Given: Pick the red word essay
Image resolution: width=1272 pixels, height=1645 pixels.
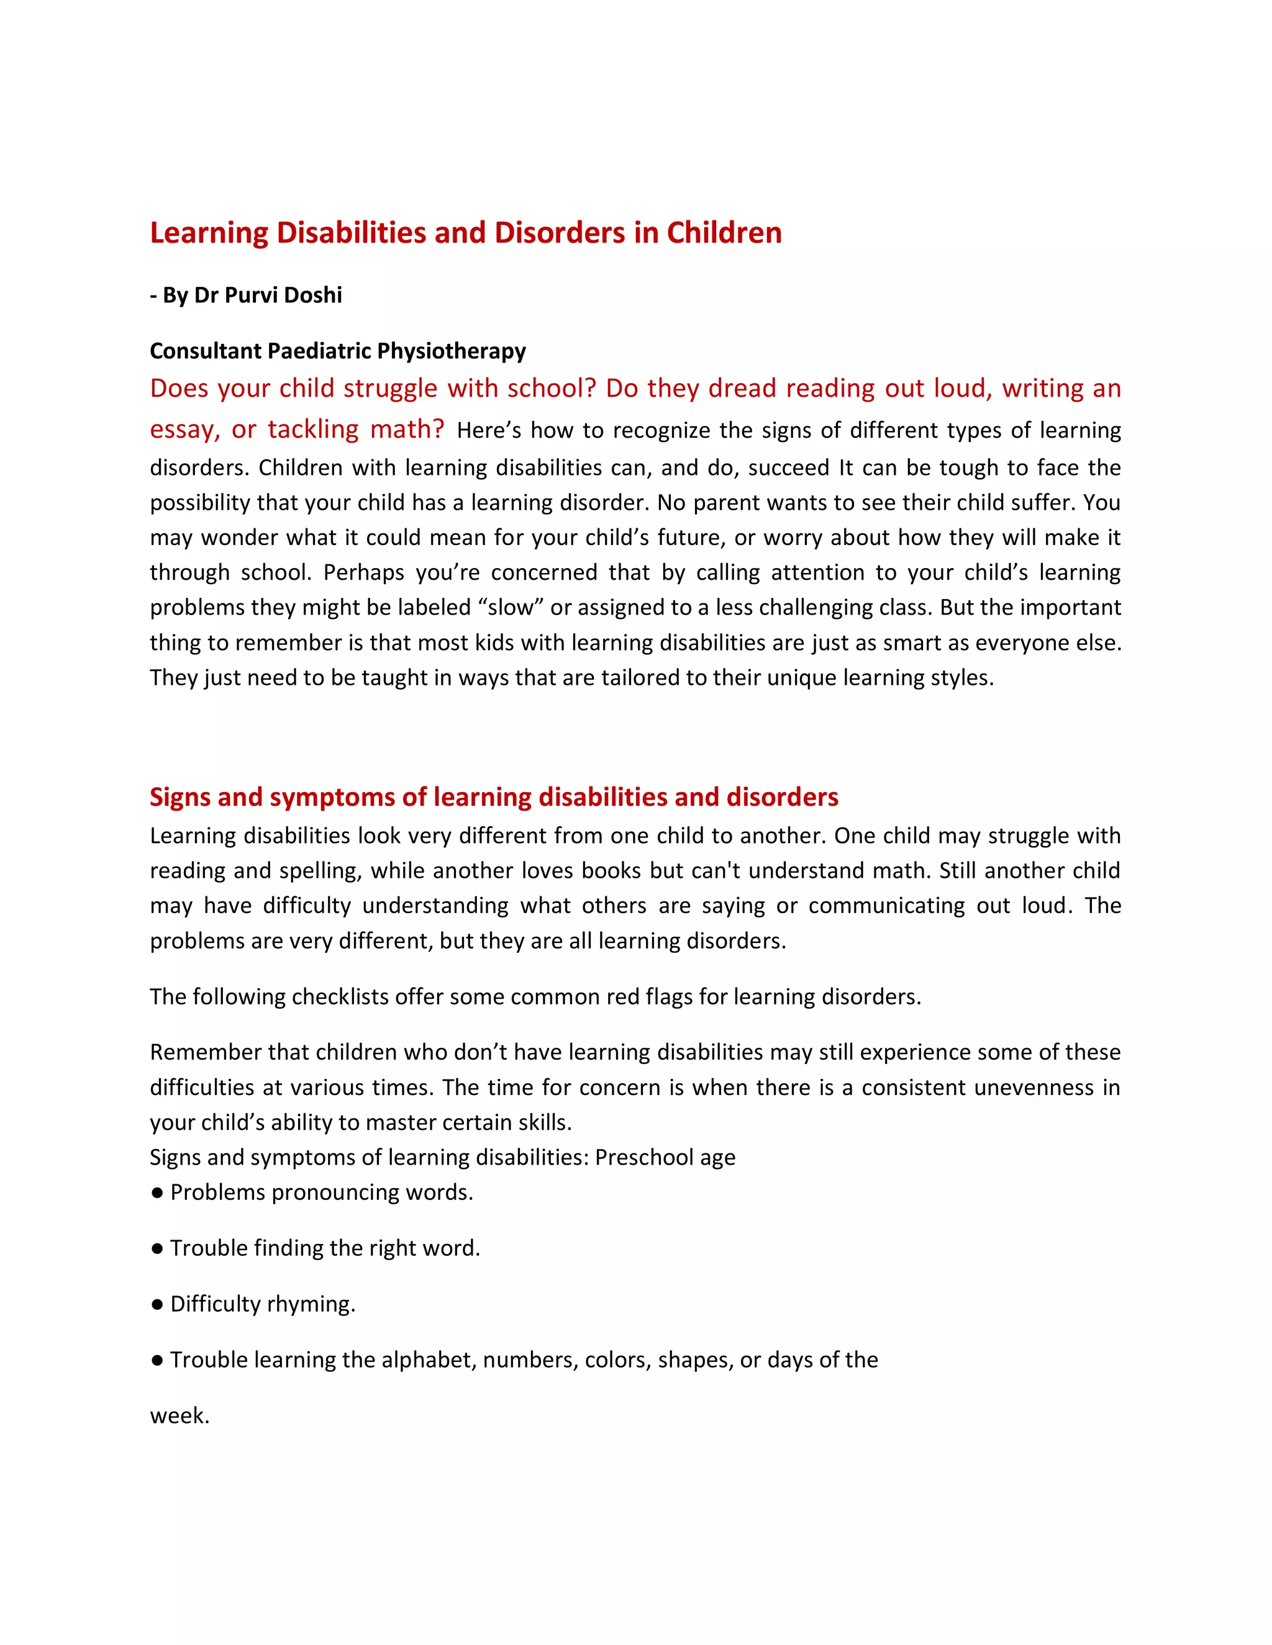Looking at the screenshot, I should pos(183,430).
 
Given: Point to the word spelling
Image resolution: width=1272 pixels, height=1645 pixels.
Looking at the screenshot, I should pos(318,871).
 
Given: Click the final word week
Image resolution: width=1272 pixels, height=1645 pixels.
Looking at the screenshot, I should pos(179,1416).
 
